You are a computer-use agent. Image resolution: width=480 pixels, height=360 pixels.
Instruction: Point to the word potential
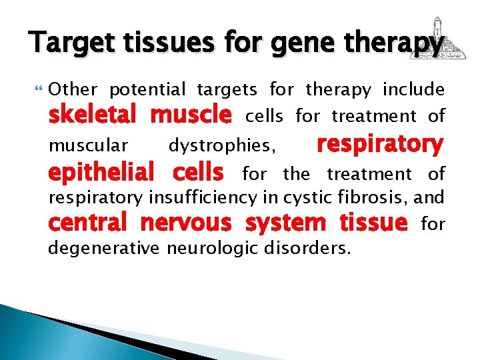point(148,89)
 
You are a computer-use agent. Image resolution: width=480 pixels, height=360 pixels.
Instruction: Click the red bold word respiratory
point(379,144)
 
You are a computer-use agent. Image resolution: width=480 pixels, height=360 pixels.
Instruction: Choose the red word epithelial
point(101,173)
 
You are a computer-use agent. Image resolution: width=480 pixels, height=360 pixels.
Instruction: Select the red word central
point(86,224)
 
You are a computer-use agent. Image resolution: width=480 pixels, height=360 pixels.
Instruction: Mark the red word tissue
point(373,224)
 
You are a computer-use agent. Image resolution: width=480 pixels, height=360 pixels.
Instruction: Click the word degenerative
point(103,249)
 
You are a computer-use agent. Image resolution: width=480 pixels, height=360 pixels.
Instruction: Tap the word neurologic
point(216,249)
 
